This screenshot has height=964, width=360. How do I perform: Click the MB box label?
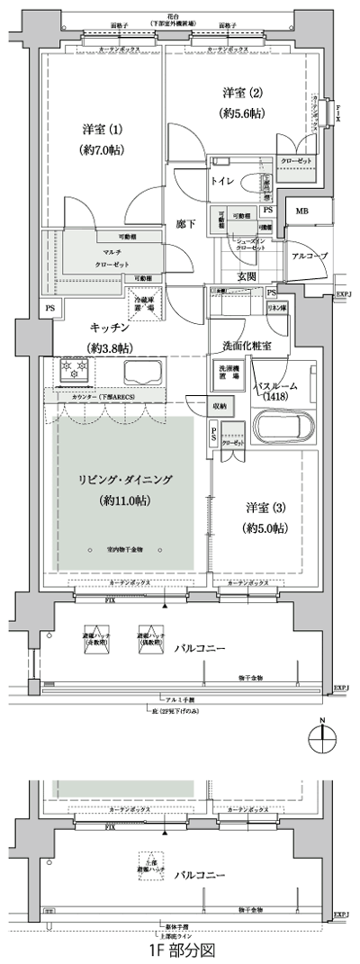pyautogui.click(x=299, y=212)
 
